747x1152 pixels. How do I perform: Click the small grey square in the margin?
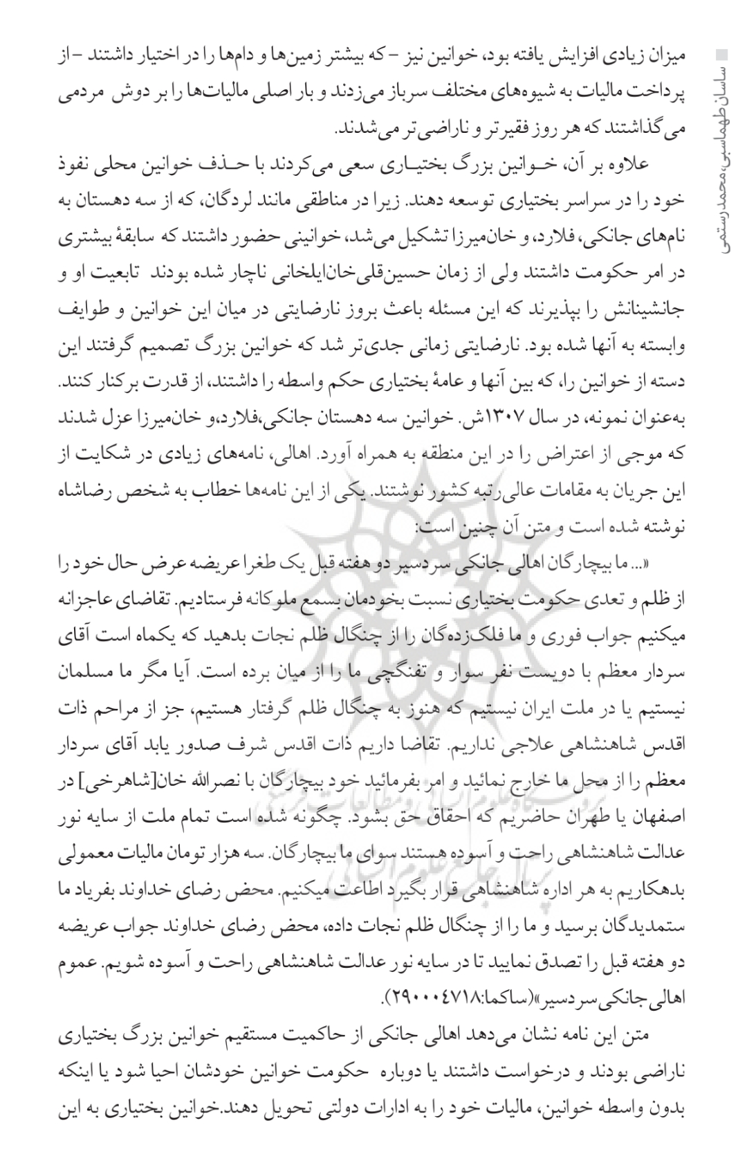click(723, 53)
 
